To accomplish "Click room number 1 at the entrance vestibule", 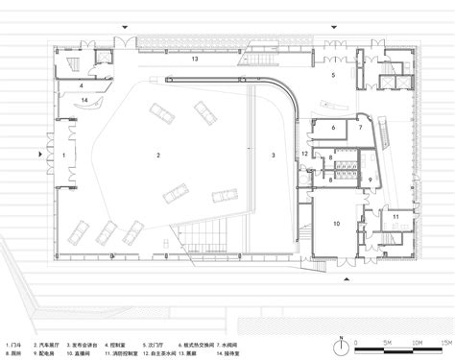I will pyautogui.click(x=63, y=154).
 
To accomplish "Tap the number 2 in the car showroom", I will pyautogui.click(x=158, y=154).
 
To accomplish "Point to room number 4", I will pyautogui.click(x=83, y=84).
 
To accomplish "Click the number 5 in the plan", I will pyautogui.click(x=333, y=74).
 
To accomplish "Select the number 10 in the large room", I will pyautogui.click(x=336, y=223).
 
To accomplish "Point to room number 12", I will pyautogui.click(x=305, y=154).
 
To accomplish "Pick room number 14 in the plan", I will pyautogui.click(x=84, y=100).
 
